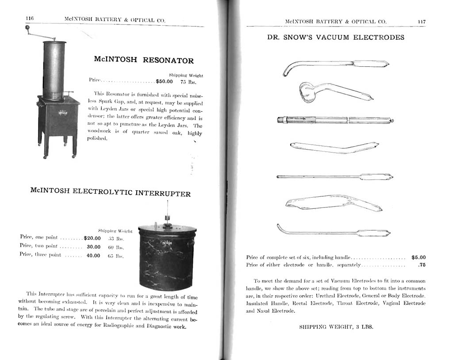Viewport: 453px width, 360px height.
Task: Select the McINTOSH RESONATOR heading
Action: coord(144,60)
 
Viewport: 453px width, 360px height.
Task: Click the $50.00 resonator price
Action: coord(164,81)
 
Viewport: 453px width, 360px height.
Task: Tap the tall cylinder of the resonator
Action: coord(54,69)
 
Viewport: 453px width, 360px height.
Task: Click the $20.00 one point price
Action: coord(92,238)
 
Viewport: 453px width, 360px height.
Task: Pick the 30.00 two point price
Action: coord(93,247)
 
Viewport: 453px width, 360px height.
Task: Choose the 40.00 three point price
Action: coord(93,255)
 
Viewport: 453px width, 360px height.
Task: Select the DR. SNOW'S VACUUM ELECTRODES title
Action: coord(335,38)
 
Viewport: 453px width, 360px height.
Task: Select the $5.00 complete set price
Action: coord(418,257)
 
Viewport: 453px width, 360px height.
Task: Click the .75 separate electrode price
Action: coord(421,265)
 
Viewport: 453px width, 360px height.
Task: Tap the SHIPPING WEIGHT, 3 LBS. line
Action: coord(336,327)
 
